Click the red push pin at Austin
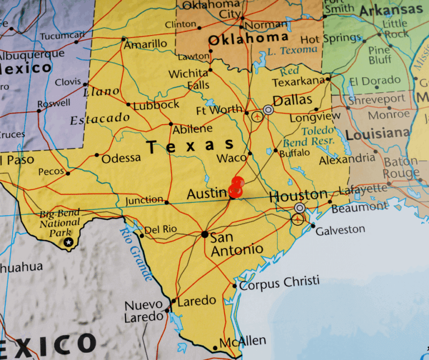click(x=237, y=187)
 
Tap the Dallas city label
click(x=292, y=100)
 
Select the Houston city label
click(x=298, y=196)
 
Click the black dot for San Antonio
click(x=205, y=234)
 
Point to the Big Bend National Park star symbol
click(x=68, y=241)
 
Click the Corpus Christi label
click(x=279, y=282)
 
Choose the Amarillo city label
click(x=145, y=44)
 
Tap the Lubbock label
click(x=156, y=105)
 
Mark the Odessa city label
click(x=121, y=158)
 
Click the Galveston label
click(x=340, y=229)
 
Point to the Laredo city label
click(x=196, y=301)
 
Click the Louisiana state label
click(x=377, y=134)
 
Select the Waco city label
click(x=231, y=158)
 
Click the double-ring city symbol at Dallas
click(x=269, y=110)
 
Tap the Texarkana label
click(x=298, y=82)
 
